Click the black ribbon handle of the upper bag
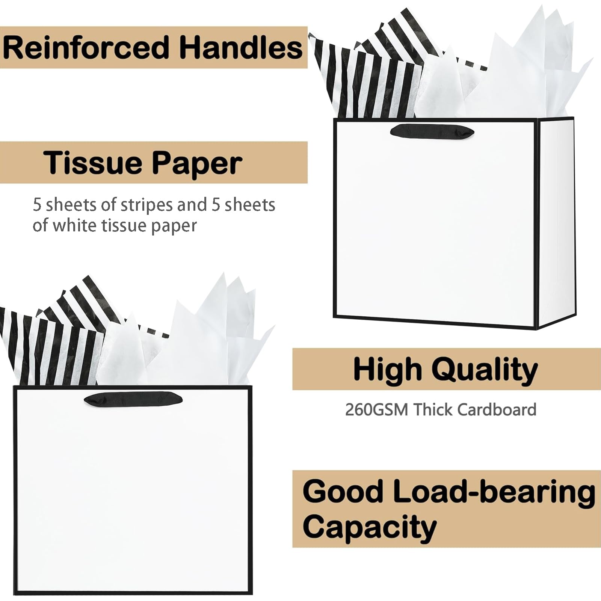(x=432, y=131)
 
